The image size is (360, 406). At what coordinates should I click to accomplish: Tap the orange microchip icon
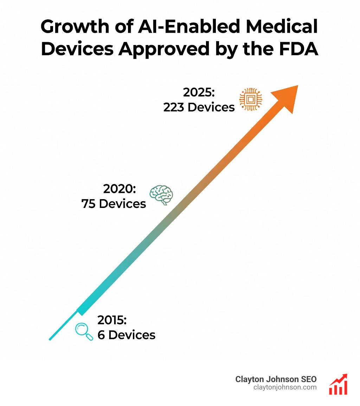pos(251,100)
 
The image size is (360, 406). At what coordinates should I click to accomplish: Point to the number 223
pos(174,107)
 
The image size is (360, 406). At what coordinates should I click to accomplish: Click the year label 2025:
pos(199,93)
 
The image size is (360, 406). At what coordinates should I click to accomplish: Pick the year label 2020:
pos(120,189)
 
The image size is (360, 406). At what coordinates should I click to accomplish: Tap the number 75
pos(89,204)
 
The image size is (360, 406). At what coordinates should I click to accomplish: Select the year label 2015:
pos(112,320)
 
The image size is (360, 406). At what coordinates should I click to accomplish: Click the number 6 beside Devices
pos(101,335)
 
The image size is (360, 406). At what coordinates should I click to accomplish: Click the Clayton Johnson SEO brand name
pos(276,379)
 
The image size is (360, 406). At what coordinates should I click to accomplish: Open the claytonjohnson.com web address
pos(285,387)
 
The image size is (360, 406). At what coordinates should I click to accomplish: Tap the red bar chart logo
pos(338,384)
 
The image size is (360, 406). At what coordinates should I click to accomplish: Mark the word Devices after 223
pos(211,107)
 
